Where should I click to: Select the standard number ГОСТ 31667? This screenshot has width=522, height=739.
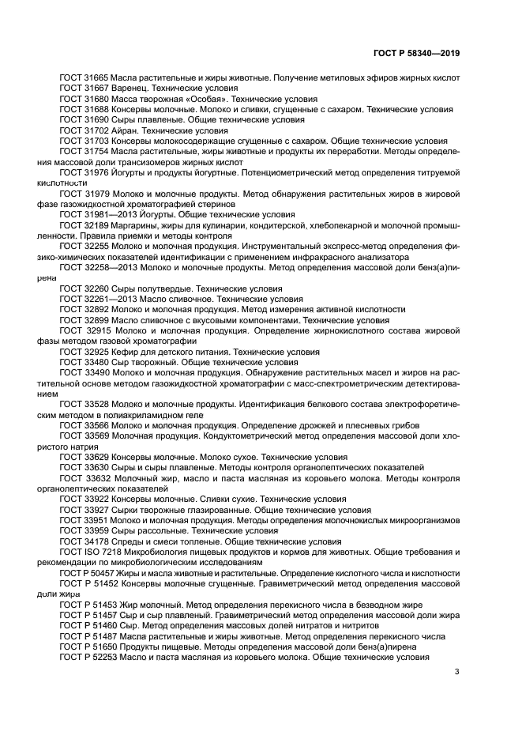pyautogui.click(x=84, y=89)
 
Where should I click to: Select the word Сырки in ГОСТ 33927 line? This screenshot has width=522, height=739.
pyautogui.click(x=126, y=510)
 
